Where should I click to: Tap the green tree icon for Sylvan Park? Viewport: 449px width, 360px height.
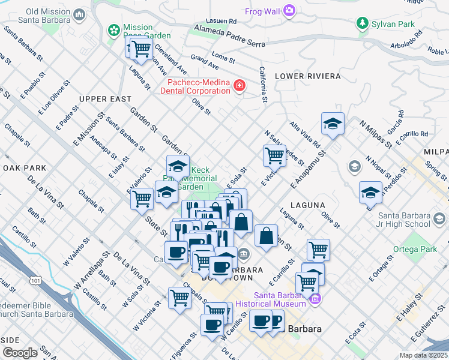(362, 23)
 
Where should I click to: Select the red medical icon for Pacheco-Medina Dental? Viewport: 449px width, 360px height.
(240, 86)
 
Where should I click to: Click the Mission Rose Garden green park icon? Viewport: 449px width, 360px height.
(113, 29)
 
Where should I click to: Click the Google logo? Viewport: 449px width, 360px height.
(20, 352)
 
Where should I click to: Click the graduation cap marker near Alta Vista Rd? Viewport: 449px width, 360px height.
(333, 124)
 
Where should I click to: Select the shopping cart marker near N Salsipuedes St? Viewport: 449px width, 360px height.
(274, 155)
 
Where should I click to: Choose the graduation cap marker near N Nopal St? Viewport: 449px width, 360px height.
(370, 192)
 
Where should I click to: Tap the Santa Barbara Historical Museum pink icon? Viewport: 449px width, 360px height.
(316, 299)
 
